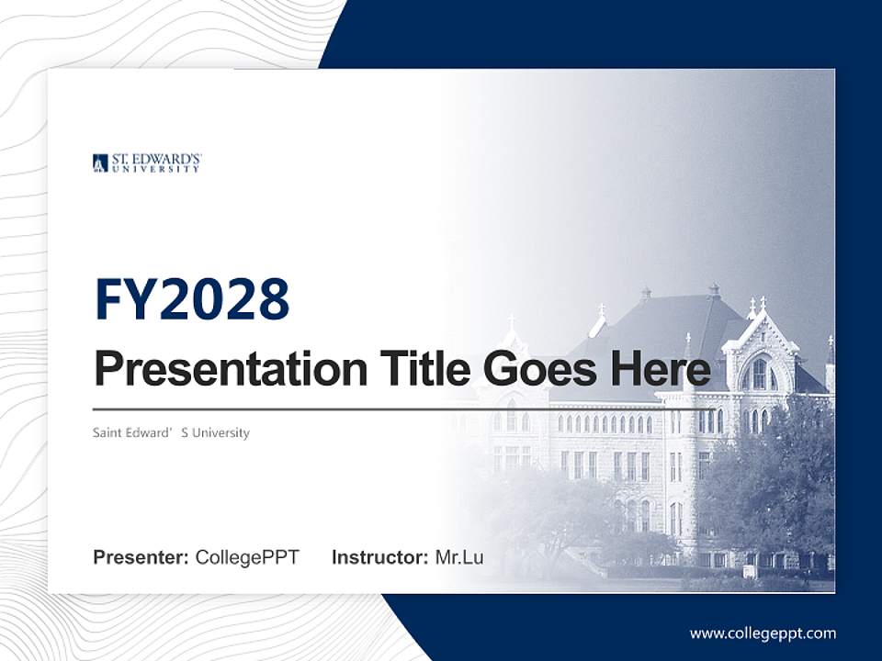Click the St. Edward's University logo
coord(147,162)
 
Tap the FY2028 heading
coord(192,299)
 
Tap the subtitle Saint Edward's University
coord(171,432)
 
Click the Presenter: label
coord(141,557)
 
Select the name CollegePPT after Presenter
coord(247,557)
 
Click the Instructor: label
coord(379,557)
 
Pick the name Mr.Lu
coord(459,557)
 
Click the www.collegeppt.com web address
coord(763,633)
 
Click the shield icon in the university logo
coord(100,163)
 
